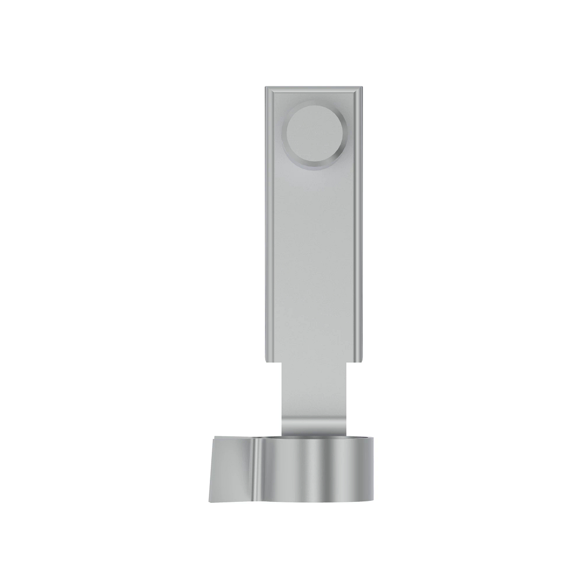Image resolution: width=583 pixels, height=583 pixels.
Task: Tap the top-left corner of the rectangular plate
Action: [x=265, y=87]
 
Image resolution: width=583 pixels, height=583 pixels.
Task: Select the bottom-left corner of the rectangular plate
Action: [x=265, y=361]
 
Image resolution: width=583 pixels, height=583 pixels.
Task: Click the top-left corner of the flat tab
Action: [x=212, y=438]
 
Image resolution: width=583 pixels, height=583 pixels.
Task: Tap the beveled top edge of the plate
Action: [x=314, y=89]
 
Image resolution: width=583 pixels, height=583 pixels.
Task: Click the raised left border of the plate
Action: [x=268, y=223]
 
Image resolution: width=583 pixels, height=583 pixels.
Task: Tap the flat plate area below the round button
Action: [x=314, y=253]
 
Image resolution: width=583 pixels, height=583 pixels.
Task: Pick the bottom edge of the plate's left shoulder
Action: [x=274, y=362]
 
